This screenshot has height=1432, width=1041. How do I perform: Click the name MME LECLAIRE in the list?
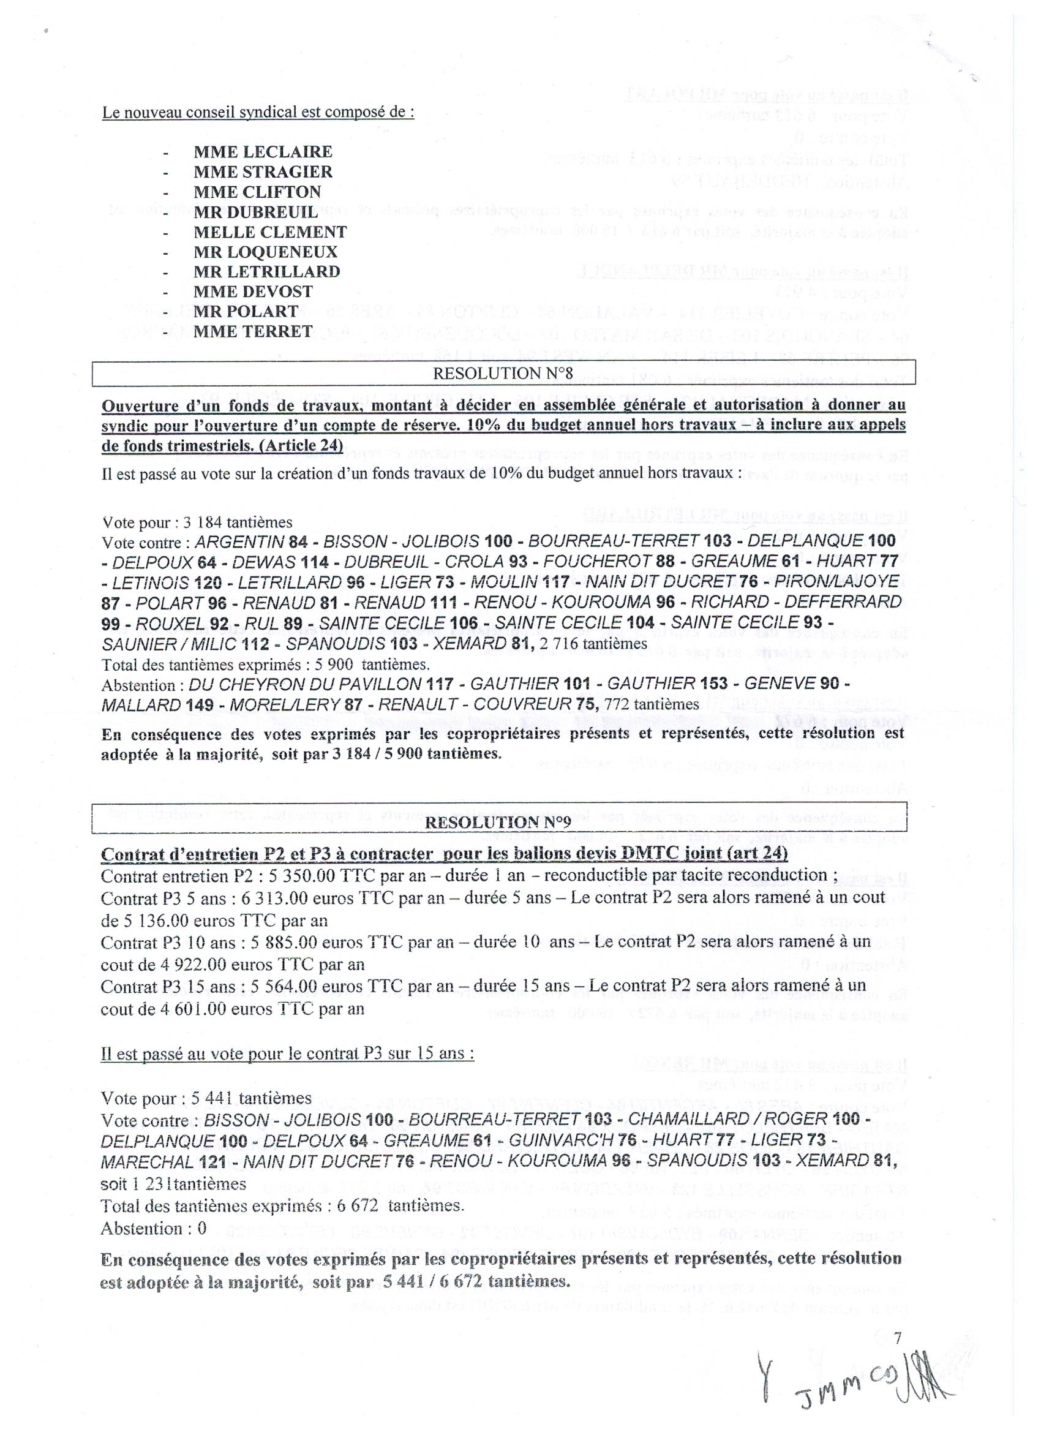[263, 152]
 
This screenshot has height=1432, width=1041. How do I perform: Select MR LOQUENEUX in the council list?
[265, 252]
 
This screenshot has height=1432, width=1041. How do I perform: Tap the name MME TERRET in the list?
[253, 331]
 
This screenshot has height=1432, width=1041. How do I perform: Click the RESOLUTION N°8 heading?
[503, 373]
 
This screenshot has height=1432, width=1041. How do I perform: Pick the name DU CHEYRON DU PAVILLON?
[305, 684]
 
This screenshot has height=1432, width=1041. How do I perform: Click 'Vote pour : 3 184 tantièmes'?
[197, 523]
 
